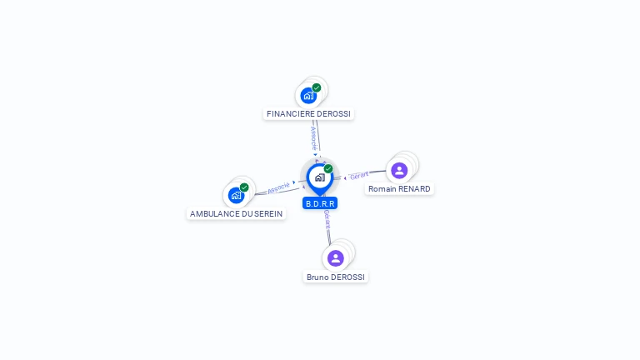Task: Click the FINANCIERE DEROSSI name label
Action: click(308, 113)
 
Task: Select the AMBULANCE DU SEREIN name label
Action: click(236, 214)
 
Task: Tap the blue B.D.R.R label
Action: click(320, 203)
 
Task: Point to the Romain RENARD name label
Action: click(399, 189)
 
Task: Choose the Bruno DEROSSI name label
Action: click(336, 277)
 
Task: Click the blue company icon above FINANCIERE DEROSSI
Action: click(308, 95)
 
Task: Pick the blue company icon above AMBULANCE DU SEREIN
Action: click(236, 196)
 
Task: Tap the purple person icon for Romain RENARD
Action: click(399, 171)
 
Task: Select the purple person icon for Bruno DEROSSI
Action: click(336, 258)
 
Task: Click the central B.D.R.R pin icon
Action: click(319, 177)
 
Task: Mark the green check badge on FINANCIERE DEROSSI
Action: click(317, 87)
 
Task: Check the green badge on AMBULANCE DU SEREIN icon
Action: click(244, 187)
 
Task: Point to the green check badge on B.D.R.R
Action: click(328, 168)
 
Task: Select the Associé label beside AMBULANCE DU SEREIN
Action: click(278, 187)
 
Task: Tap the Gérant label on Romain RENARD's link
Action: click(359, 176)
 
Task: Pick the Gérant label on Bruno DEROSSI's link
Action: click(327, 219)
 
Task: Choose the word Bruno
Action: click(317, 277)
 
